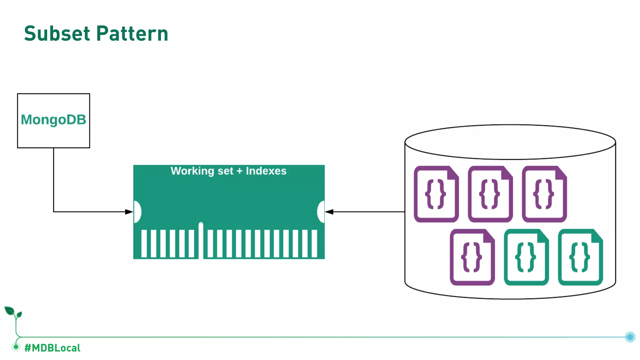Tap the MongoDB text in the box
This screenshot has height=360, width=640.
coord(53,120)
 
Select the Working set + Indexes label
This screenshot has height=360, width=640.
coord(228,171)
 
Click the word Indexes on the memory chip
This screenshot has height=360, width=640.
coord(266,171)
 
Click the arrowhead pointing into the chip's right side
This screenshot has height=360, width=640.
coord(329,212)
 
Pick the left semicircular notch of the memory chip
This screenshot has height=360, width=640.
coord(137,212)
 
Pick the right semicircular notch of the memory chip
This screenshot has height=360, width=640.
coord(321,212)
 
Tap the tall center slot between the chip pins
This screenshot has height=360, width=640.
coord(201,240)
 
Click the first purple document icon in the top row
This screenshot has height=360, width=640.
coord(436,194)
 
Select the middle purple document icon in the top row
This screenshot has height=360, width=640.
coord(490,194)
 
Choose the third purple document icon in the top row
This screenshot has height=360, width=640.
coord(544,194)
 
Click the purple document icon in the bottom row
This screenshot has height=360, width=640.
coord(472,257)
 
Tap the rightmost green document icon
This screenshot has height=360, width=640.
coord(580,257)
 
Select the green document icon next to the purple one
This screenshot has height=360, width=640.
coord(526,257)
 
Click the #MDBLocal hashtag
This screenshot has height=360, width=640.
coord(52,348)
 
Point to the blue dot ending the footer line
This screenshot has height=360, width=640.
coord(630,337)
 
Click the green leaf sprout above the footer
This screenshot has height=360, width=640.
coord(13,312)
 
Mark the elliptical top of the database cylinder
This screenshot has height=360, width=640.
coord(510,142)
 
